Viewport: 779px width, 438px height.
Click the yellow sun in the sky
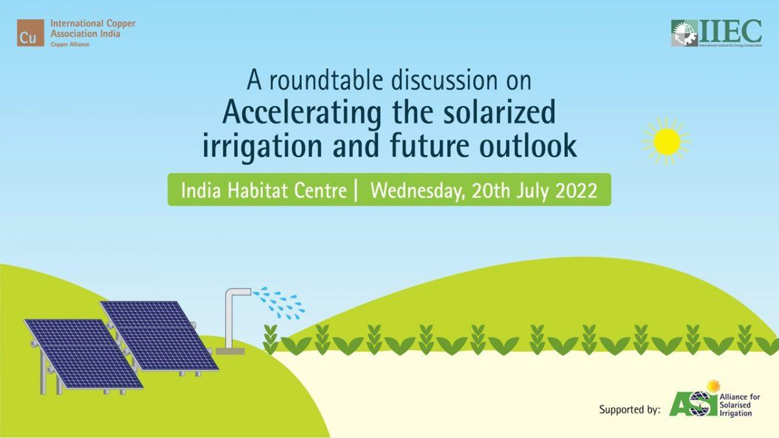(x=666, y=141)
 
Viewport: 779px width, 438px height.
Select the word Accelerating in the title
(x=302, y=113)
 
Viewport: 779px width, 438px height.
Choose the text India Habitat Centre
(x=263, y=191)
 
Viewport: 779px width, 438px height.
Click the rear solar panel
(x=159, y=334)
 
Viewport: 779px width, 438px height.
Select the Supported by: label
(x=629, y=409)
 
